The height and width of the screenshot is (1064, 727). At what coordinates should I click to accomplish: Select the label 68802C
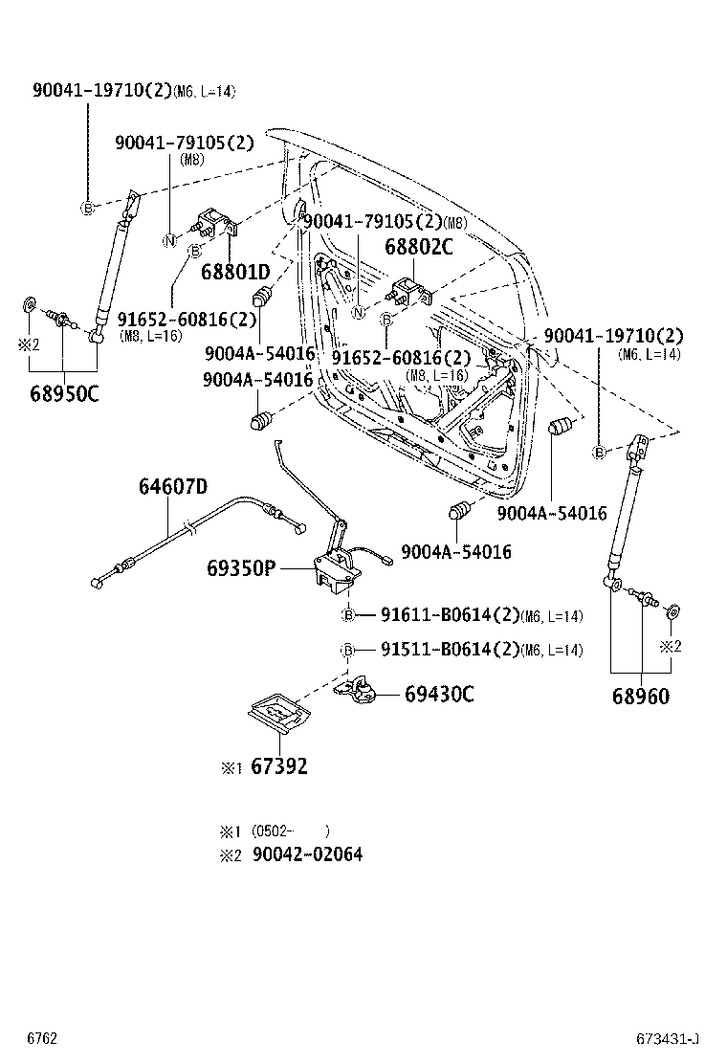418,247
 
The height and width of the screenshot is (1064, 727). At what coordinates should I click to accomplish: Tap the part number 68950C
64,392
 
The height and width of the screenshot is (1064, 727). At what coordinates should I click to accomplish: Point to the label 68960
641,696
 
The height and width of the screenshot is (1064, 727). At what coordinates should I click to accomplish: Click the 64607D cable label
172,486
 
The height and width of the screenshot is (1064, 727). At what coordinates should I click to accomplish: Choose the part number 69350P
241,569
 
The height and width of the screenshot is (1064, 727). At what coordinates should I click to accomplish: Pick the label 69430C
438,694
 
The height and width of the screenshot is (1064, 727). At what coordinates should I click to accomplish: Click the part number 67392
281,765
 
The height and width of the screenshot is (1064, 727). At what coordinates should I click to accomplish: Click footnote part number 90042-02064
307,854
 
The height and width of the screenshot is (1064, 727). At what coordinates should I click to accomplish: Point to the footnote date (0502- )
291,831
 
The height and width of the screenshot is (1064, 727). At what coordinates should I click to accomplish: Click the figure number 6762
43,1038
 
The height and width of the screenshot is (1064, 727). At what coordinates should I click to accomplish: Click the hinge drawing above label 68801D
218,226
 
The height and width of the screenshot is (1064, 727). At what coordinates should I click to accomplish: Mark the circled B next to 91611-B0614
349,615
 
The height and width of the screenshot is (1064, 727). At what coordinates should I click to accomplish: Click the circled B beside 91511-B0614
349,651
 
